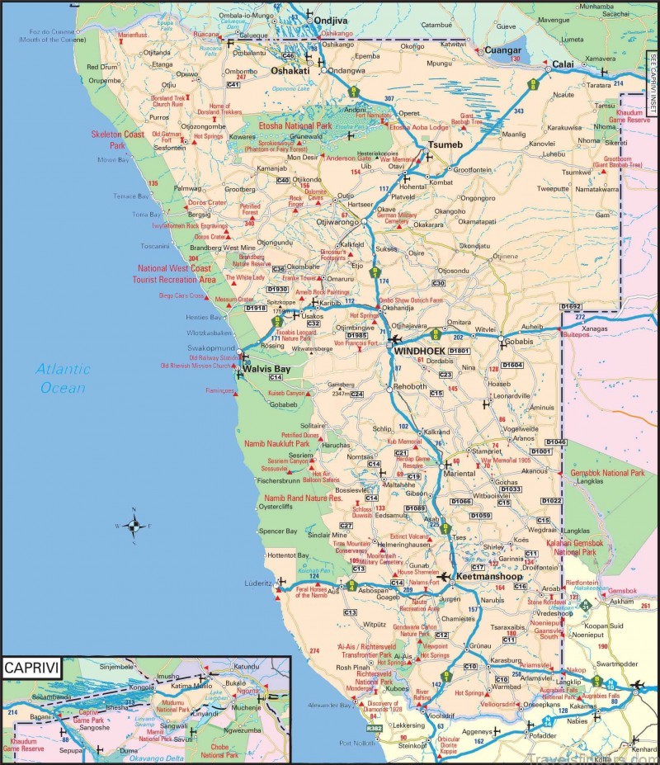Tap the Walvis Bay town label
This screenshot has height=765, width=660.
[x=266, y=368]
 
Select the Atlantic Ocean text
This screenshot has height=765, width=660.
[x=64, y=378]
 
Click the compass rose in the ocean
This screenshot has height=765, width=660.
[x=134, y=525]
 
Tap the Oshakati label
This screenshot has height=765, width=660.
[x=290, y=71]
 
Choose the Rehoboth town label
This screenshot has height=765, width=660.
[x=410, y=386]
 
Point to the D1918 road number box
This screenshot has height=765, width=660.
[x=256, y=308]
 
